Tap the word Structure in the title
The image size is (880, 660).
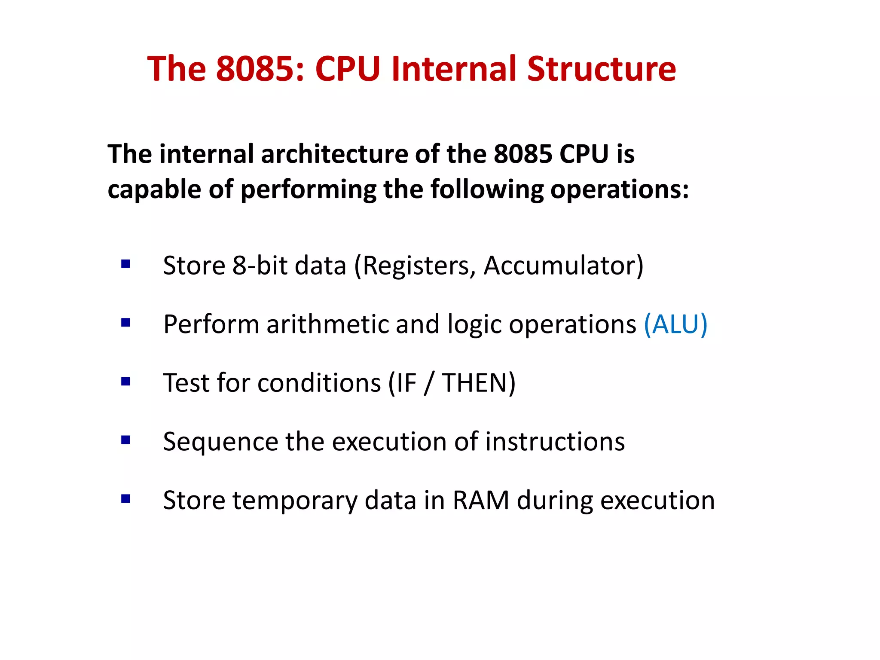click(601, 69)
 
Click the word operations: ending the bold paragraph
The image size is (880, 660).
click(620, 189)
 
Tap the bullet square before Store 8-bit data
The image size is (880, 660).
click(125, 264)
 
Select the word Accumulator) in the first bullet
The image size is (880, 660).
click(563, 266)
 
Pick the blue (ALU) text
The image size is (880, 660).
click(675, 324)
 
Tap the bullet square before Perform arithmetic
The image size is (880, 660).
click(125, 322)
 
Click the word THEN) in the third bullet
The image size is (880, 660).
click(479, 383)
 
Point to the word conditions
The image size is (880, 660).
click(319, 383)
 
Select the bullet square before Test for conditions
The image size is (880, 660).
click(125, 381)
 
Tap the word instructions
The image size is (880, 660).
click(555, 442)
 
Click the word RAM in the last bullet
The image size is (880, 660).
click(481, 501)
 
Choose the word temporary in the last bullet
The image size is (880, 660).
click(295, 501)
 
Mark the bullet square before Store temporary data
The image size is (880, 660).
click(125, 498)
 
